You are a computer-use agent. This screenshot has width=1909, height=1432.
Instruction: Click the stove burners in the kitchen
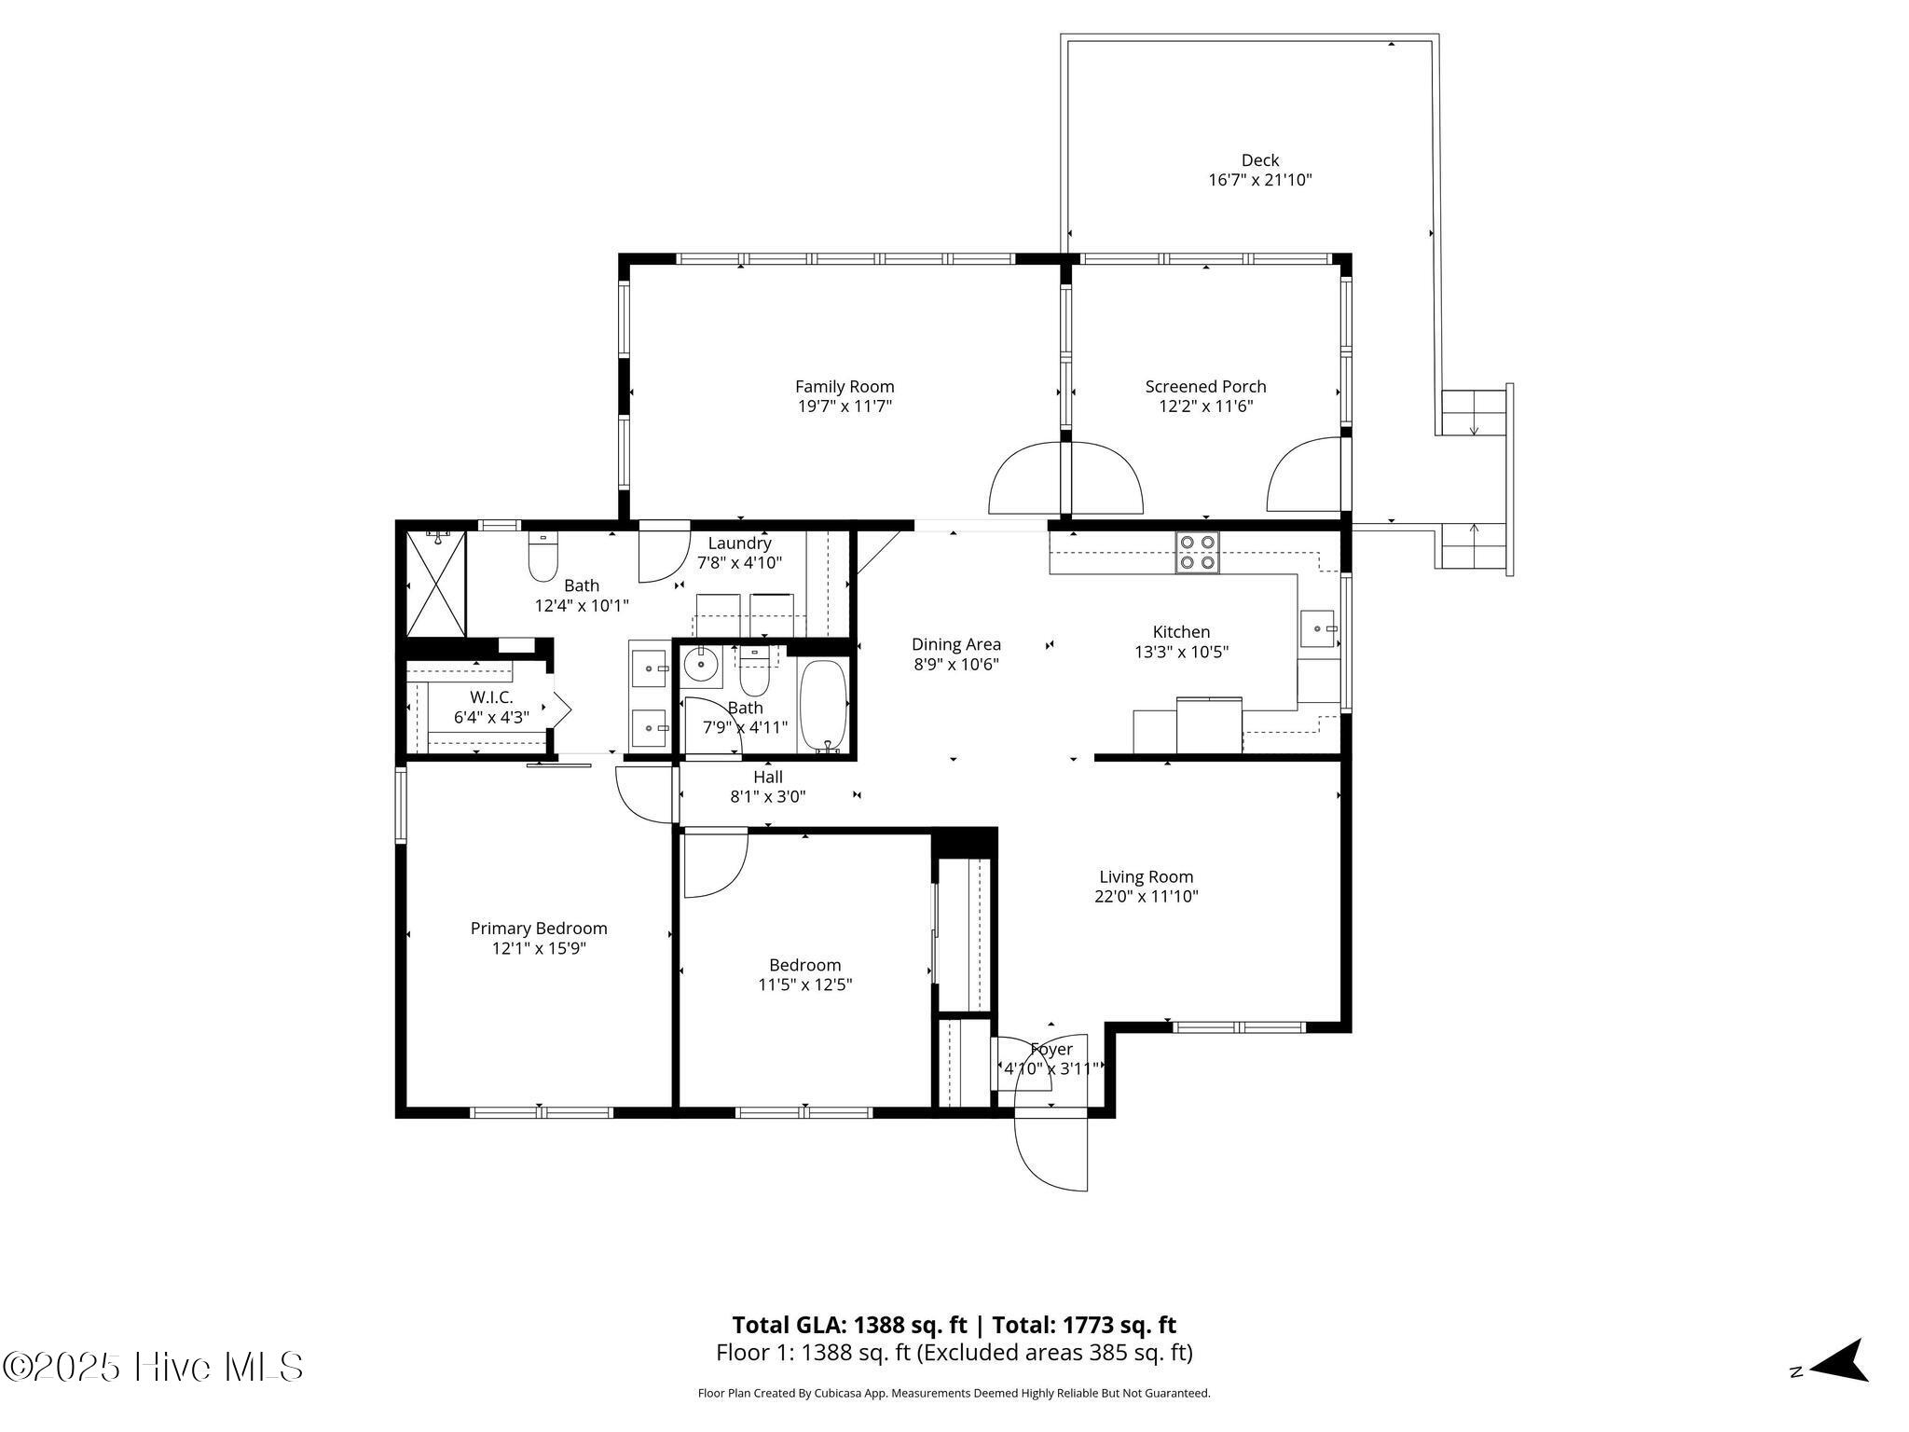tap(1197, 552)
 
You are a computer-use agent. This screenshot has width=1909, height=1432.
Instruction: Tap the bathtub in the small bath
tap(823, 706)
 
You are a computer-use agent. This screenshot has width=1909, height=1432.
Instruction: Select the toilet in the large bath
tap(542, 557)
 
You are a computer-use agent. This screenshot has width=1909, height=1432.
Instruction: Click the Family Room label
tap(845, 386)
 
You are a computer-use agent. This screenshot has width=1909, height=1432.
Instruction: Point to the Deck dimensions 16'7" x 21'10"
tap(1260, 180)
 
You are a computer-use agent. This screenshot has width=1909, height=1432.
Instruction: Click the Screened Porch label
tap(1205, 386)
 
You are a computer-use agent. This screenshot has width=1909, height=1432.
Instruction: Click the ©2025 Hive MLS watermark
tap(153, 1367)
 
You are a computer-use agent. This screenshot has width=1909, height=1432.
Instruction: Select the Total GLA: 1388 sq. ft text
tap(849, 1325)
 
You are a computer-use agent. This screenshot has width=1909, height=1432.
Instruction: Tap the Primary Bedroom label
tap(539, 928)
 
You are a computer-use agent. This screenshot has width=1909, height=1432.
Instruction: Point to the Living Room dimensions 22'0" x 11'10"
tap(1147, 897)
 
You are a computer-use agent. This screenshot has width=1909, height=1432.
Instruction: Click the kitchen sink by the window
tap(1318, 628)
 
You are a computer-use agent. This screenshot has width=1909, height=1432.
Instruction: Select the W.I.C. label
tap(491, 696)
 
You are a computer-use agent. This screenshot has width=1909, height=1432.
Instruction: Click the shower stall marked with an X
tap(436, 584)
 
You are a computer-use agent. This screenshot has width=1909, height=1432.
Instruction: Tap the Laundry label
tap(739, 544)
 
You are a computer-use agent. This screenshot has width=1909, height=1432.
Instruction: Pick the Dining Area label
tap(956, 644)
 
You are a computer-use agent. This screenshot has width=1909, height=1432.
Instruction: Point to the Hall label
tap(768, 777)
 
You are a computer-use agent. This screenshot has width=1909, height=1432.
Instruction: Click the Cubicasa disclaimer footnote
tap(954, 1394)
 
